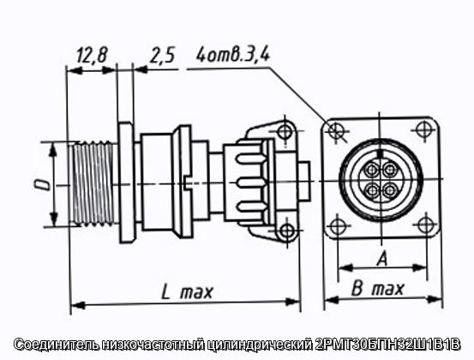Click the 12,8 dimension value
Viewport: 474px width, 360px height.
point(92,56)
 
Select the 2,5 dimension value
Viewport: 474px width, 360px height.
point(162,56)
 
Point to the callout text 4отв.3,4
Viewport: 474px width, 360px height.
point(233,55)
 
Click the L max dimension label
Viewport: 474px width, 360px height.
point(187,291)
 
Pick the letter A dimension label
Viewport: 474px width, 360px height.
point(382,259)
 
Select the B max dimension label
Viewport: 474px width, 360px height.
point(377,289)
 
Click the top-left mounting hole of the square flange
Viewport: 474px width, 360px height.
point(335,130)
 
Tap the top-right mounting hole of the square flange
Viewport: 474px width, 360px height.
point(423,129)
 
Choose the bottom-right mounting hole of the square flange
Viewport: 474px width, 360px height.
point(426,225)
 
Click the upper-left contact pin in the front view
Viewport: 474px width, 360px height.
point(371,170)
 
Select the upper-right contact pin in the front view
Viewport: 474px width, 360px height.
point(391,170)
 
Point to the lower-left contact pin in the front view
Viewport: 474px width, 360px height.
point(371,190)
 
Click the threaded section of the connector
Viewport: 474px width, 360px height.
point(94,183)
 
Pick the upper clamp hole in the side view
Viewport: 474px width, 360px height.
point(285,131)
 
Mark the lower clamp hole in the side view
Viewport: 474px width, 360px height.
point(287,231)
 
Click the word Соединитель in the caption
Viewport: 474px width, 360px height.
point(57,345)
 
